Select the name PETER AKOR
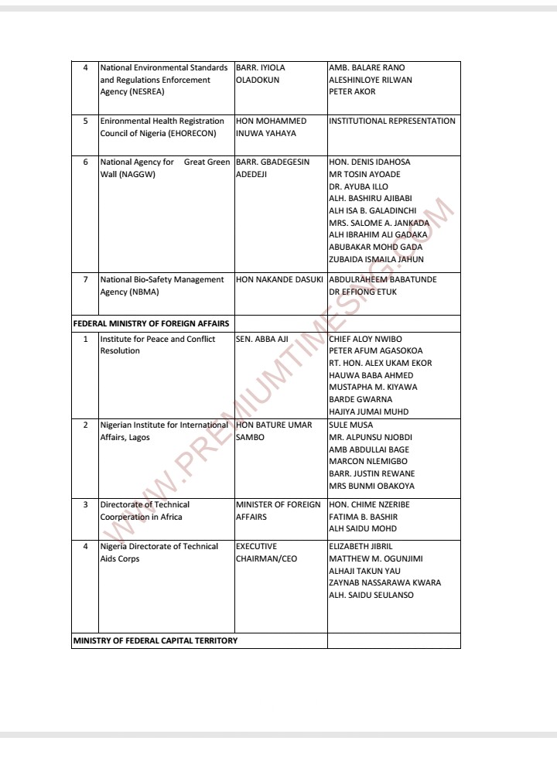pyautogui.click(x=352, y=92)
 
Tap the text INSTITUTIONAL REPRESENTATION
pyautogui.click(x=392, y=121)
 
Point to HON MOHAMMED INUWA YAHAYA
pyautogui.click(x=271, y=127)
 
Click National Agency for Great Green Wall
pyautogui.click(x=165, y=168)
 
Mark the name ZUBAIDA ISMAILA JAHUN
pyautogui.click(x=376, y=260)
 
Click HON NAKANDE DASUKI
pyautogui.click(x=279, y=279)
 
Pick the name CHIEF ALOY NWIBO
pyautogui.click(x=365, y=339)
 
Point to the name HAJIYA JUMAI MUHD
pyautogui.click(x=368, y=411)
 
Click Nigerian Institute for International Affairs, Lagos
pyautogui.click(x=164, y=431)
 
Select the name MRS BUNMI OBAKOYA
pyautogui.click(x=371, y=487)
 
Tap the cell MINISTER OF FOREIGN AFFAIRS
pyautogui.click(x=278, y=510)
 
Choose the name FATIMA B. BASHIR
pyautogui.click(x=363, y=517)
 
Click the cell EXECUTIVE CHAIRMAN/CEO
pyautogui.click(x=266, y=552)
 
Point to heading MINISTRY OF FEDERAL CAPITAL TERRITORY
pyautogui.click(x=155, y=640)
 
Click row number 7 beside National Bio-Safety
pyautogui.click(x=85, y=279)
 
